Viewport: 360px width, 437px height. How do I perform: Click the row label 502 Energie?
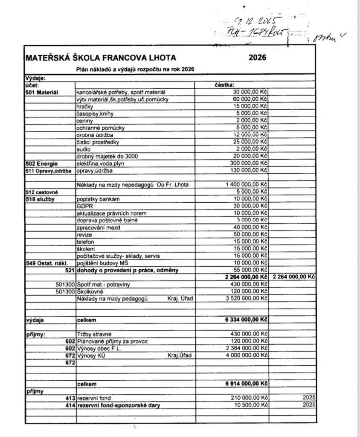pos(41,163)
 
